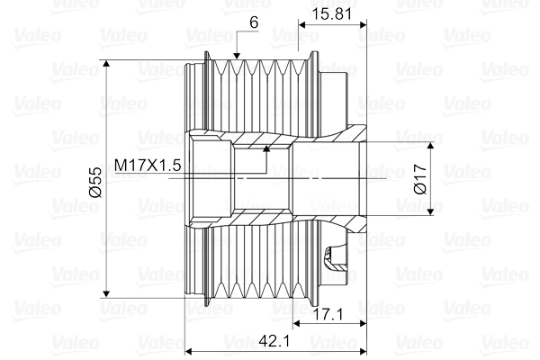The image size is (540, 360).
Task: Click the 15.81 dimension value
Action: point(328,14)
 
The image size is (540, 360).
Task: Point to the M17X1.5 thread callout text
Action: point(148,165)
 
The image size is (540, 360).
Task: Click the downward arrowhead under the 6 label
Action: point(237,58)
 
